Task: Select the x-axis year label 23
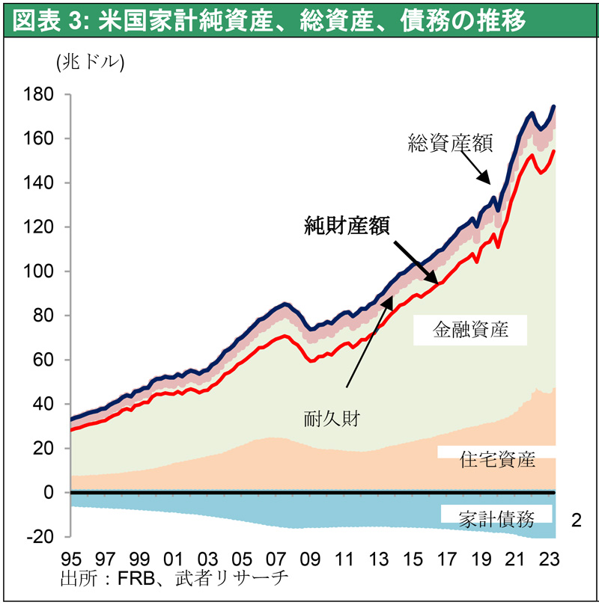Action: tap(550, 559)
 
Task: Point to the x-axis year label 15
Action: tap(413, 559)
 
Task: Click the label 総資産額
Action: tap(450, 142)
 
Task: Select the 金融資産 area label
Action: tap(470, 330)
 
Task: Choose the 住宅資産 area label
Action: tap(497, 459)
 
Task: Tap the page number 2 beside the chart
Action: tap(576, 519)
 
